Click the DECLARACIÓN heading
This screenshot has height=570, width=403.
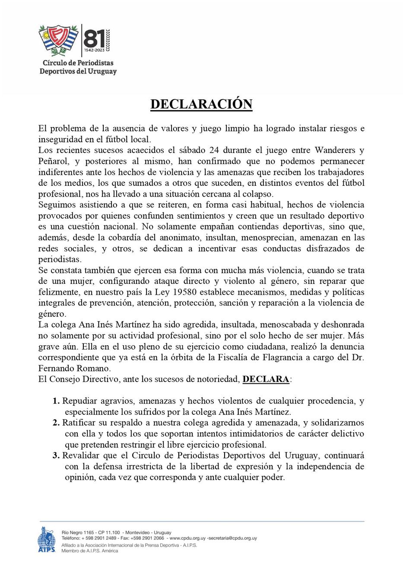click(x=201, y=104)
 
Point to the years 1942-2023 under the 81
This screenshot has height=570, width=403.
click(x=94, y=50)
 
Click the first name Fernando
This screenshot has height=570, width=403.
click(x=56, y=369)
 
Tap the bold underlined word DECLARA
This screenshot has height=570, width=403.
click(x=266, y=379)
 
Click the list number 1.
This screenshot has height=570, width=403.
click(x=56, y=401)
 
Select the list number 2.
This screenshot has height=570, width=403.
click(x=56, y=423)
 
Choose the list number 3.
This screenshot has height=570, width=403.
click(x=56, y=455)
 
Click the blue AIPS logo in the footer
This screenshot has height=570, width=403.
click(x=47, y=540)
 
